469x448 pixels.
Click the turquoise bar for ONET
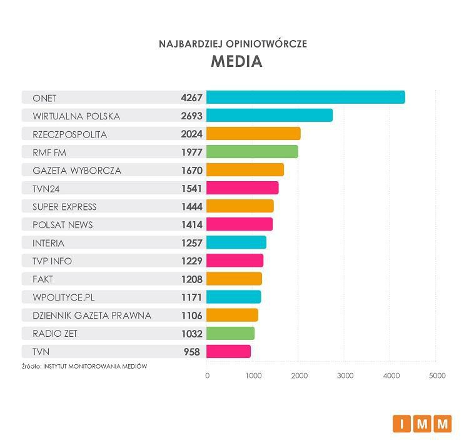305,97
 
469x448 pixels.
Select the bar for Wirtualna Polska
269,116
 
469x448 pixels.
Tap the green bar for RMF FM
252,152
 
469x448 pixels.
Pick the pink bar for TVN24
242,188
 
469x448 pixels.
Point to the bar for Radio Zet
230,334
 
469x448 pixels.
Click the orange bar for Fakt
234,279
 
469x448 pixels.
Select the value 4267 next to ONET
191,97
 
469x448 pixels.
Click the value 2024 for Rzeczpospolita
191,134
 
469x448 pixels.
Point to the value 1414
191,224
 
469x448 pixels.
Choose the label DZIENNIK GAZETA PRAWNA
92,316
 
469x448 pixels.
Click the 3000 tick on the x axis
345,376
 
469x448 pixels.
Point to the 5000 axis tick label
436,376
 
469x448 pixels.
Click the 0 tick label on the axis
207,376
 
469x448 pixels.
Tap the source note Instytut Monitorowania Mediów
84,366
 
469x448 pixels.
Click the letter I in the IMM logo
402,424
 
